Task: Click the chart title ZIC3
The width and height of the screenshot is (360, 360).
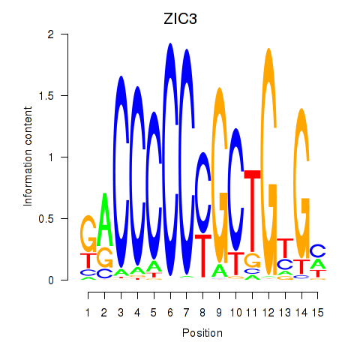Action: click(x=180, y=19)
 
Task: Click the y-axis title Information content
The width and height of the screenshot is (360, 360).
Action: click(x=28, y=157)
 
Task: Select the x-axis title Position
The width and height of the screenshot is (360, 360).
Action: click(x=202, y=333)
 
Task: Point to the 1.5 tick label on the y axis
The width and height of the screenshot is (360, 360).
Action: click(x=46, y=96)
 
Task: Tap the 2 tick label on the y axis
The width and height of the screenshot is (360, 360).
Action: click(x=51, y=34)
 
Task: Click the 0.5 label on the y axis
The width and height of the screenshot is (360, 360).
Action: click(x=46, y=219)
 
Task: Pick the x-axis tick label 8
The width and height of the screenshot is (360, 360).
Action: click(x=202, y=313)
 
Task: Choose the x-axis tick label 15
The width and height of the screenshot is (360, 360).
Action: click(x=318, y=313)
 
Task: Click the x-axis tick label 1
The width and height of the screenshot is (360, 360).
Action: click(x=88, y=313)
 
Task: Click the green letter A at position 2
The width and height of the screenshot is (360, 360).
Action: click(x=105, y=219)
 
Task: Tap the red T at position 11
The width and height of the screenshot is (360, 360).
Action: click(x=252, y=211)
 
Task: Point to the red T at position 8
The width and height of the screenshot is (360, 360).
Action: click(x=203, y=256)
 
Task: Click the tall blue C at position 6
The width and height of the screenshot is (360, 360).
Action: click(x=170, y=159)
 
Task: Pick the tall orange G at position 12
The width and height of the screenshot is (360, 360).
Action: click(x=268, y=161)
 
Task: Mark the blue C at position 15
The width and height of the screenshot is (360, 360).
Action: click(x=318, y=250)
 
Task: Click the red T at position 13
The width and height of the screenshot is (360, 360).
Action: click(x=285, y=248)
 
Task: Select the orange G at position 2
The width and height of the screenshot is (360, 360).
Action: click(x=105, y=257)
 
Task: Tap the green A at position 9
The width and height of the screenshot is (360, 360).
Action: click(x=220, y=271)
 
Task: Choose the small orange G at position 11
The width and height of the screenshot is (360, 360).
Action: click(x=252, y=260)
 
